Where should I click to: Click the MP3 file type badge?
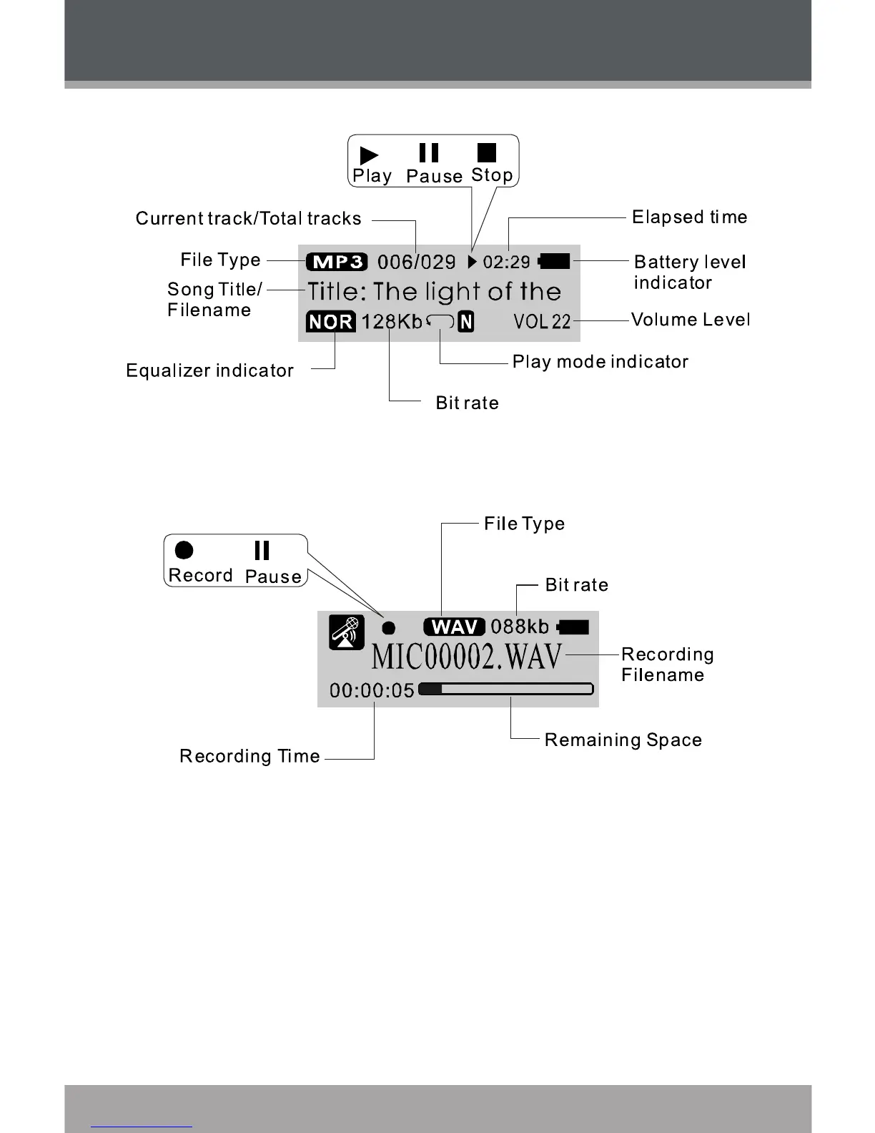pyautogui.click(x=337, y=262)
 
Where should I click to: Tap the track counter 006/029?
pyautogui.click(x=416, y=262)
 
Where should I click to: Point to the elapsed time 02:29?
pyautogui.click(x=506, y=262)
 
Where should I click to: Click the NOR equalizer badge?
pyautogui.click(x=330, y=322)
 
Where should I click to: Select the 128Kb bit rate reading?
pyautogui.click(x=392, y=322)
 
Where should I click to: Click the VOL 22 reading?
pyautogui.click(x=542, y=322)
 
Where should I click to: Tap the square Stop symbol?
pyautogui.click(x=487, y=152)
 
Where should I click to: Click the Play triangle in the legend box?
pyautogui.click(x=369, y=154)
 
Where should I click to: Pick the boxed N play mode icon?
pyautogui.click(x=466, y=322)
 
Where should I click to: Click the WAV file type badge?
pyautogui.click(x=454, y=627)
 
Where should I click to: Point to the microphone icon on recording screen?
pyautogui.click(x=347, y=632)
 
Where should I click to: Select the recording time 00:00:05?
pyautogui.click(x=372, y=690)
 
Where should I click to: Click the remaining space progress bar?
pyautogui.click(x=505, y=689)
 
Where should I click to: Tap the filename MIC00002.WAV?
pyautogui.click(x=467, y=657)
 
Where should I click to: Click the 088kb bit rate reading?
pyautogui.click(x=520, y=627)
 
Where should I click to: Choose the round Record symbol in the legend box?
pyautogui.click(x=184, y=550)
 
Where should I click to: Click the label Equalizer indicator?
pyautogui.click(x=209, y=371)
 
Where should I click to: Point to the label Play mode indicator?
pyautogui.click(x=600, y=362)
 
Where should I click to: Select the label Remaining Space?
pyautogui.click(x=623, y=740)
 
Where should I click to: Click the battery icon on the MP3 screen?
pyautogui.click(x=555, y=261)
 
